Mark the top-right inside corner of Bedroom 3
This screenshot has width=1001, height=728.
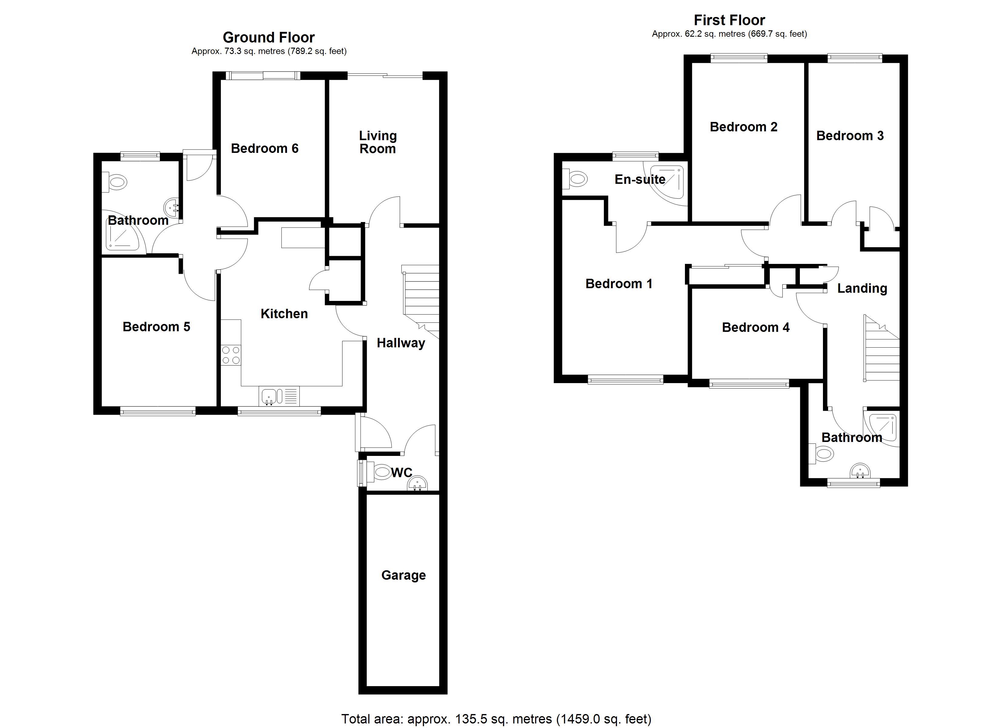click(x=899, y=63)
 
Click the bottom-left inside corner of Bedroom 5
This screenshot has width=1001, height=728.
click(x=102, y=406)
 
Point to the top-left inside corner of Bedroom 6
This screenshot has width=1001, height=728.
click(x=221, y=80)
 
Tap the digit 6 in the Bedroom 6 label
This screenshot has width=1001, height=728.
click(x=295, y=148)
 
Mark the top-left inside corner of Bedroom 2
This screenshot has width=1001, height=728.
click(x=692, y=63)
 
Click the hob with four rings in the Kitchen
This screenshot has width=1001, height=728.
click(x=231, y=356)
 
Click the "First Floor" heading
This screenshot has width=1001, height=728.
click(x=729, y=20)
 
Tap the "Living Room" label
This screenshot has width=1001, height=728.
click(x=378, y=142)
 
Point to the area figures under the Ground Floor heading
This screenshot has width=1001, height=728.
click(x=269, y=51)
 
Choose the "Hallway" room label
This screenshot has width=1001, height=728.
click(x=401, y=343)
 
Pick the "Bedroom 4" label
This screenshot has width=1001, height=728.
click(x=756, y=328)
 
